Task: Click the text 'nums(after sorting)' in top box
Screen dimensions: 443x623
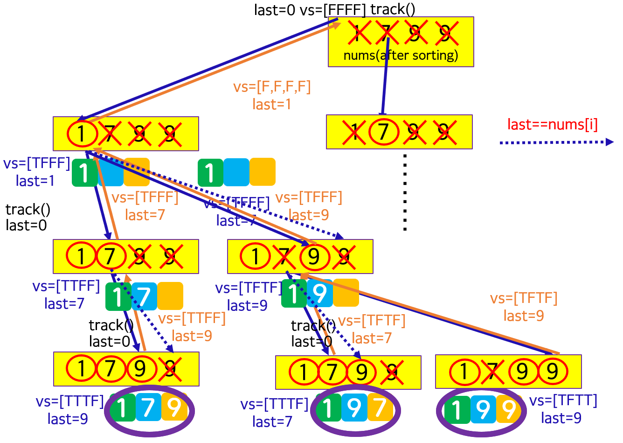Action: pyautogui.click(x=401, y=56)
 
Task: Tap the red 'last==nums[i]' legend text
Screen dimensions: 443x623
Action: pyautogui.click(x=552, y=125)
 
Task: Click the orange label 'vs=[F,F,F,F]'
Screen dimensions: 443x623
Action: pyautogui.click(x=272, y=87)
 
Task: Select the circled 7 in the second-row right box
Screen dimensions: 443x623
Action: pyautogui.click(x=383, y=132)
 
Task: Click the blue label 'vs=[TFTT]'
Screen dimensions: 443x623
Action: pyautogui.click(x=563, y=401)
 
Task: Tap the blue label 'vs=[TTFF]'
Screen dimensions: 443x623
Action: pyautogui.click(x=66, y=286)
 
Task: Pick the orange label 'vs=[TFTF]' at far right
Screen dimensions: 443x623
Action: pyautogui.click(x=524, y=298)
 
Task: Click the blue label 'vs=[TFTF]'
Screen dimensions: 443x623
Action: pyautogui.click(x=249, y=288)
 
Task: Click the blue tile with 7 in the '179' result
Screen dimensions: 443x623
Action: pyautogui.click(x=148, y=407)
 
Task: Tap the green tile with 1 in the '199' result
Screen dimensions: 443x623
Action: pyautogui.click(x=457, y=410)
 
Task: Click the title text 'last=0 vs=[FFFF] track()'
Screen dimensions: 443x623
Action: pyautogui.click(x=334, y=9)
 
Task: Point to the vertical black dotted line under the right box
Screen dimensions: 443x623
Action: pyautogui.click(x=405, y=192)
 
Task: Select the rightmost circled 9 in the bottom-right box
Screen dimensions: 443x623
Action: pyautogui.click(x=553, y=372)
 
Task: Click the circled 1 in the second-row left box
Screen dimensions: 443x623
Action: pyautogui.click(x=82, y=134)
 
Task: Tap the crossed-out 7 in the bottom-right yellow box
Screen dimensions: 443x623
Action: pyautogui.click(x=492, y=372)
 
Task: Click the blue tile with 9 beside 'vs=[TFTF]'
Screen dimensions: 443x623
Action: pyautogui.click(x=320, y=293)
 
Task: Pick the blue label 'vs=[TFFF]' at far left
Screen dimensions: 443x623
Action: pyautogui.click(x=37, y=163)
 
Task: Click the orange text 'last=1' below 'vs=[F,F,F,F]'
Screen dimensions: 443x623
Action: pyautogui.click(x=272, y=104)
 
